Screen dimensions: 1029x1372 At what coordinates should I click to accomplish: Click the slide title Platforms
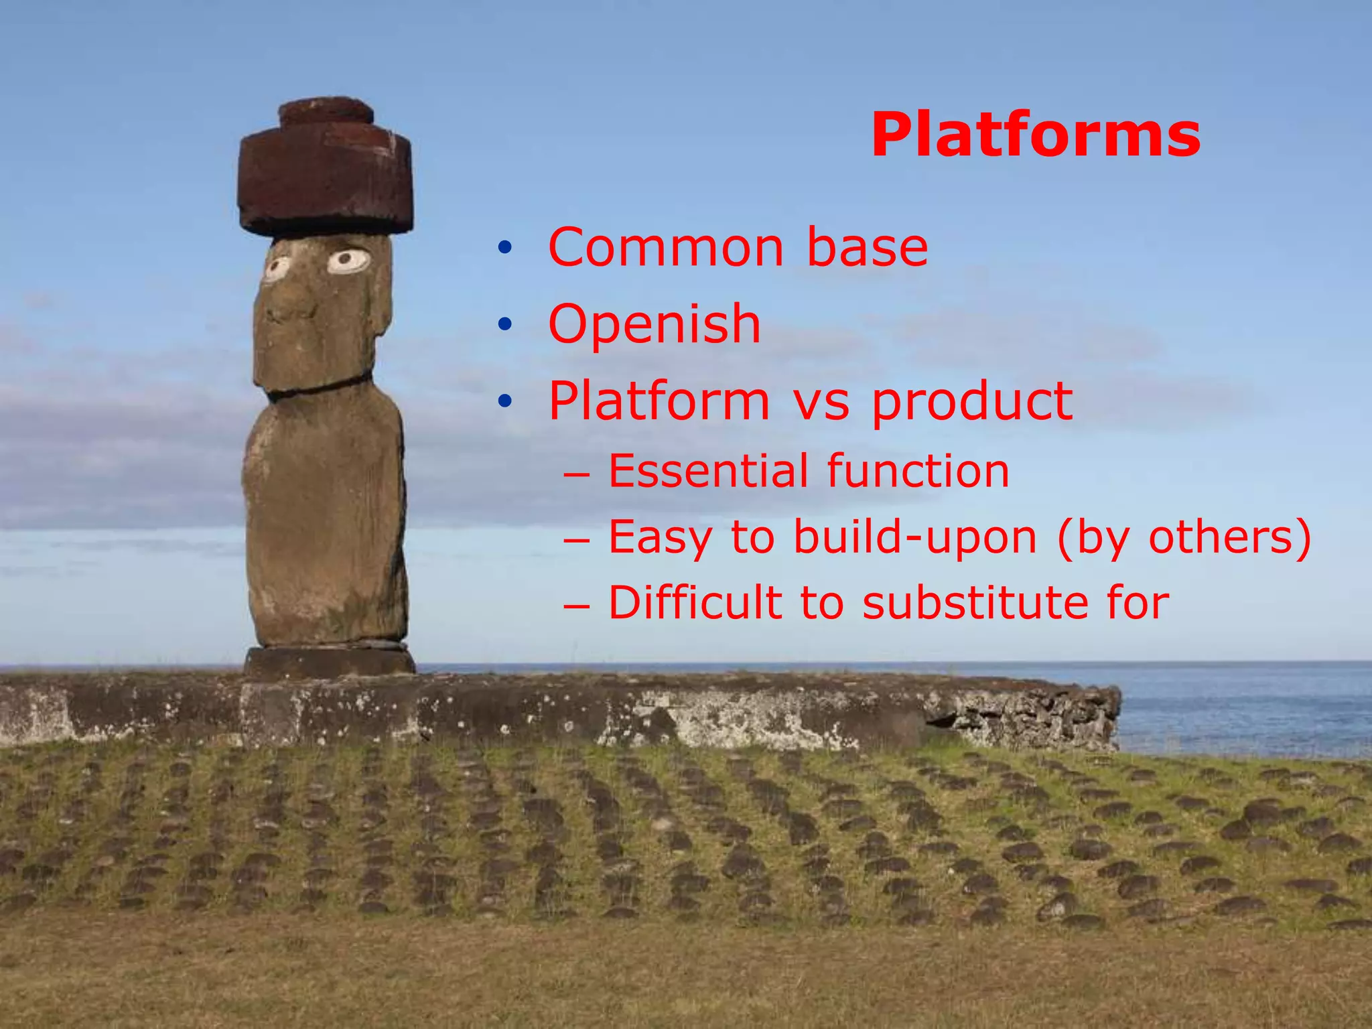(1035, 136)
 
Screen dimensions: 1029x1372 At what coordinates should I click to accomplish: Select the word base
(867, 247)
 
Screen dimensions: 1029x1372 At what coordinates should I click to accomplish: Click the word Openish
(655, 324)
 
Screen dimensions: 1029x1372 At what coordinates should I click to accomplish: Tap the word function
(918, 471)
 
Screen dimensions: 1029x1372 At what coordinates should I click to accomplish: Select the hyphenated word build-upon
(915, 538)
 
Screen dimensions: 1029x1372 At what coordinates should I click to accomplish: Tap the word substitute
(975, 603)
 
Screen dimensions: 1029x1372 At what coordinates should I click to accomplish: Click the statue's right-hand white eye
(348, 261)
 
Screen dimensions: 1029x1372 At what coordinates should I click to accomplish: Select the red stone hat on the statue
(325, 181)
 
